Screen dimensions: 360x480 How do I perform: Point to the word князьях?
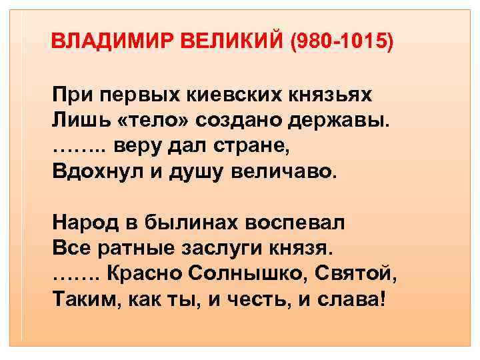coord(325,95)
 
